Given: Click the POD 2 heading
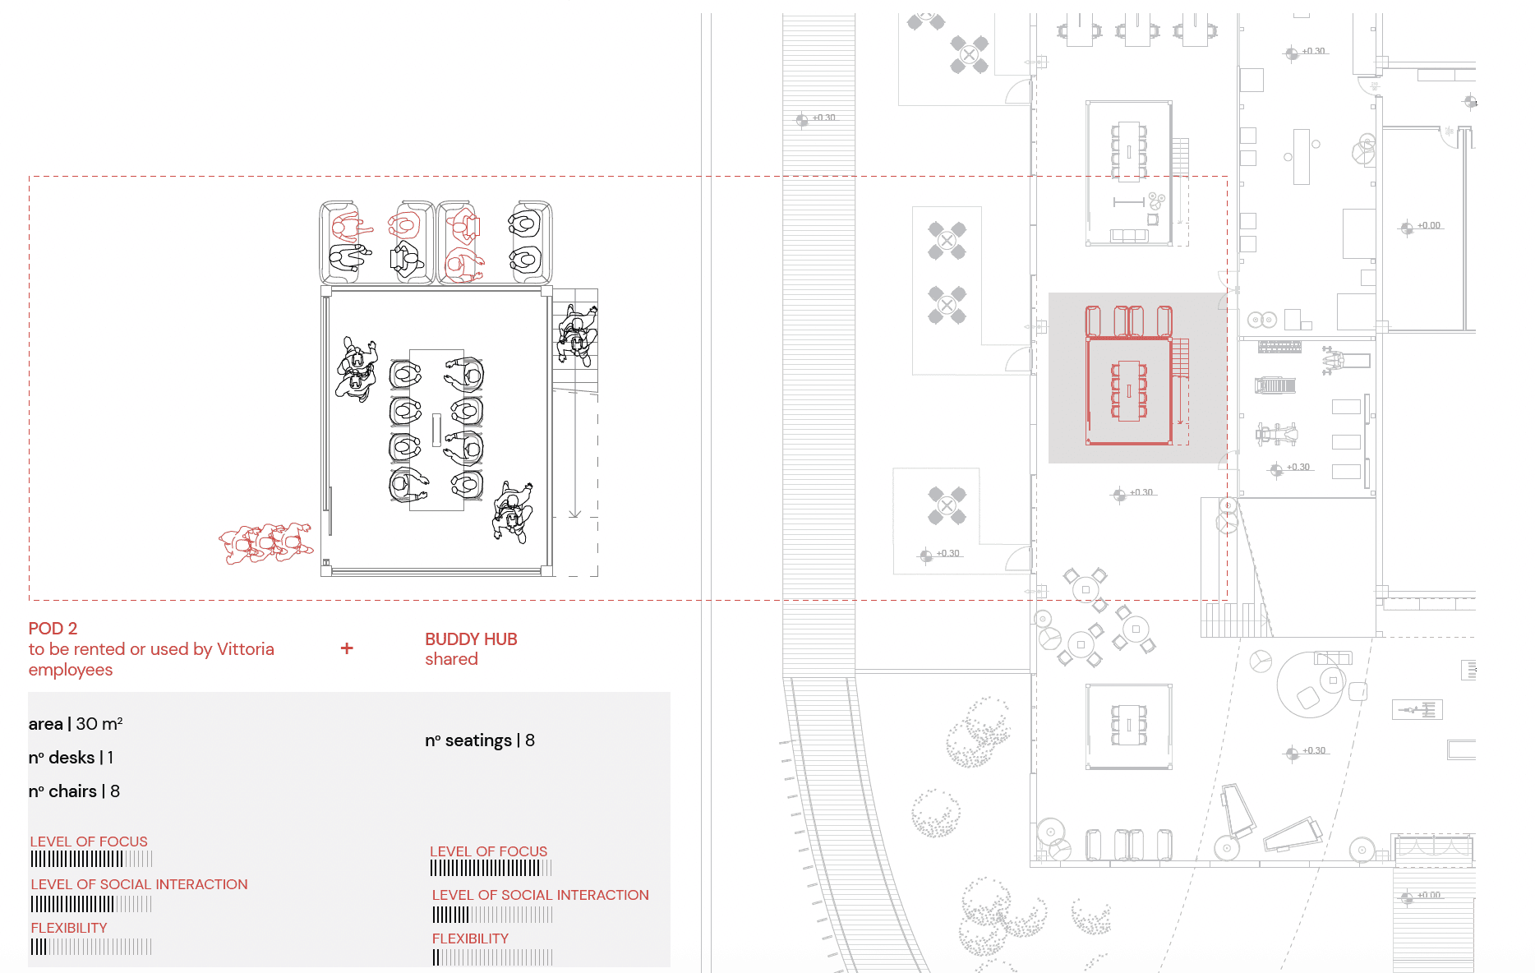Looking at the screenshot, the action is point(53,629).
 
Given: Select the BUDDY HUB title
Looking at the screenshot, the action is point(471,639).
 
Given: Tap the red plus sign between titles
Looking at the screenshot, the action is point(347,648).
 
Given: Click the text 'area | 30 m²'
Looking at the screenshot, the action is point(76,724).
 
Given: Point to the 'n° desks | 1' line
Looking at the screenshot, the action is point(71,758).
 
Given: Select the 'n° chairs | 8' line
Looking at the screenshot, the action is point(74,791).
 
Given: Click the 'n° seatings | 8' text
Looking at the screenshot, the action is point(480,740).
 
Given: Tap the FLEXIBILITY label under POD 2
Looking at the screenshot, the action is point(69,928).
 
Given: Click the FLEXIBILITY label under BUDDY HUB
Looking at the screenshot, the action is point(470,938).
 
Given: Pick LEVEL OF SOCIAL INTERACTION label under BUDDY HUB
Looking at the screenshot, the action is point(540,895).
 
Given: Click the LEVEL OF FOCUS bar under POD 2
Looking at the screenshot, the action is point(91,860).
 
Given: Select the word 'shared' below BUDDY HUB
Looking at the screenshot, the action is point(451,659).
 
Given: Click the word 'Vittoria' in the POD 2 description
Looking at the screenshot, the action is point(245,649).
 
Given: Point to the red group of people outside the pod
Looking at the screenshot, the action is point(265,543).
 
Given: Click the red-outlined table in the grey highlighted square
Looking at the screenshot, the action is point(1129,391).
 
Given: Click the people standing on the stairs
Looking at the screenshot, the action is point(578,333).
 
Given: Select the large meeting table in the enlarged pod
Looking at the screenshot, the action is point(436,430).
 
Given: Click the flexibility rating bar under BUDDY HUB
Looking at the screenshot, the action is point(492,957).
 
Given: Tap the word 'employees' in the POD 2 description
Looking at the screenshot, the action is point(71,670).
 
